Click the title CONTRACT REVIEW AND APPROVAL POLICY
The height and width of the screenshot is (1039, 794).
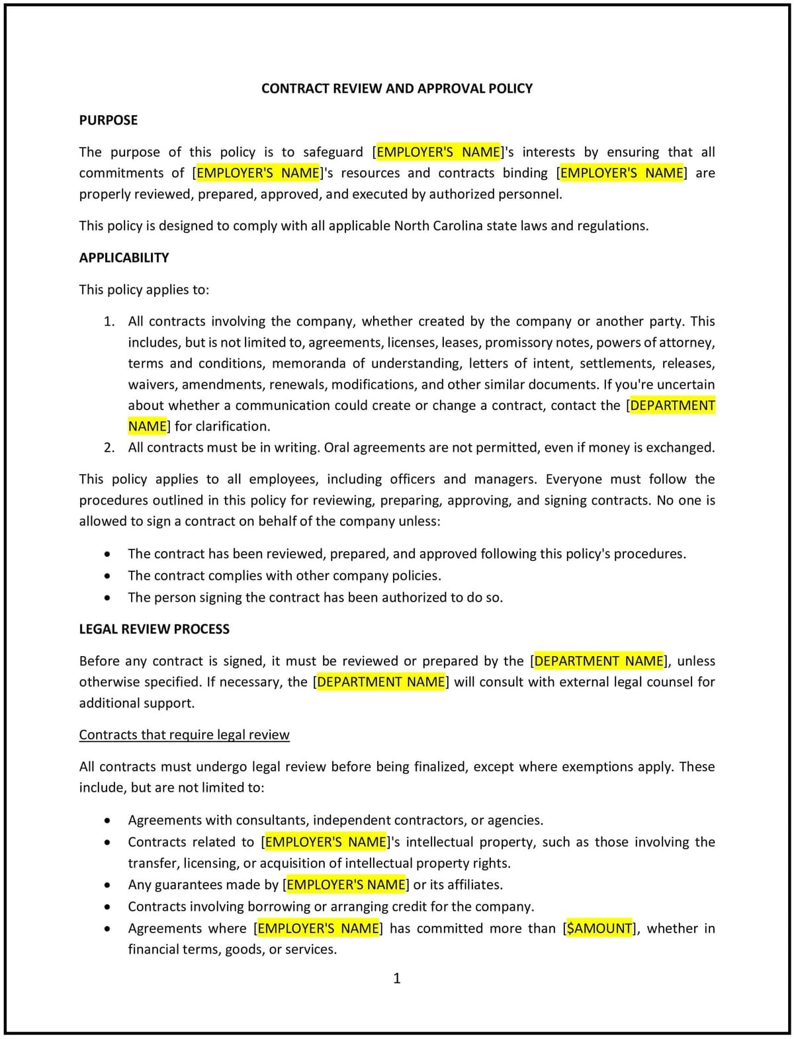(397, 89)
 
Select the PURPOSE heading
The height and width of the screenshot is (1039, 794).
(109, 120)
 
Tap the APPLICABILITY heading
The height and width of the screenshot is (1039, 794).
(124, 258)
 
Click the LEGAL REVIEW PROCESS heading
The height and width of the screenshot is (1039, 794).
(154, 630)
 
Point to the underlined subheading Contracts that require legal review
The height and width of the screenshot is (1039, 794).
(184, 735)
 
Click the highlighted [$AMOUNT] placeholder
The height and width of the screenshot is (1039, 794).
(601, 929)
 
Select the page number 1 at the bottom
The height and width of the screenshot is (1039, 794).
(397, 979)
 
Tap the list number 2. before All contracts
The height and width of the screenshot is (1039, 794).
(109, 448)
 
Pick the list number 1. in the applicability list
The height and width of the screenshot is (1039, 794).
(109, 321)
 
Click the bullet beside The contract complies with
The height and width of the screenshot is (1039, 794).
(107, 576)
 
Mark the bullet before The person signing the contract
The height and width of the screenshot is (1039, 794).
(107, 598)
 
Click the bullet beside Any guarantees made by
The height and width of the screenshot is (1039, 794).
(107, 885)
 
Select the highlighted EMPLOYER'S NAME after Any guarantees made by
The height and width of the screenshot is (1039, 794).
(346, 885)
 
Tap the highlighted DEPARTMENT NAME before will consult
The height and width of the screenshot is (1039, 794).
(381, 682)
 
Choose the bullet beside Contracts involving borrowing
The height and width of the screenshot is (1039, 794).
(107, 907)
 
